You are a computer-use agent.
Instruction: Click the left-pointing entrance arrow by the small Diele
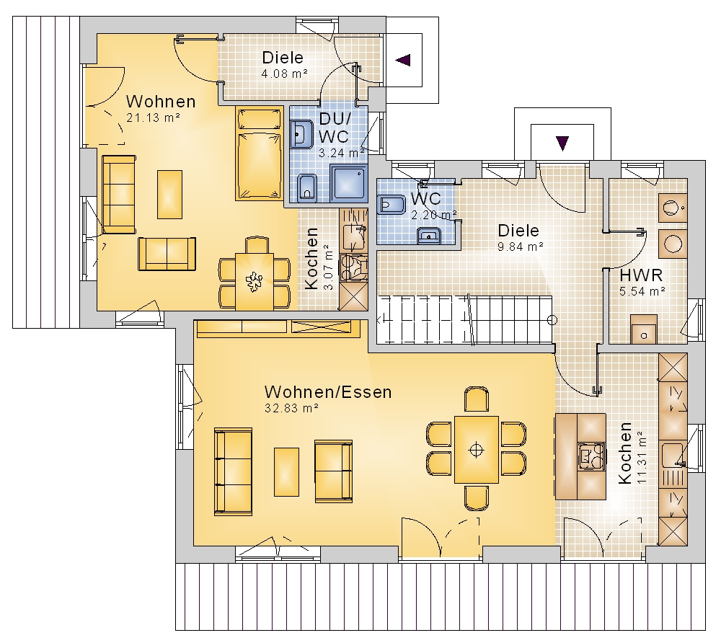tap(403, 60)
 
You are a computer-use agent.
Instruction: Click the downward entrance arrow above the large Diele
tap(562, 143)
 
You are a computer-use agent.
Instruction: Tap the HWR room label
tap(641, 275)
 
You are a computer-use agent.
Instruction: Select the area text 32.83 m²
tap(291, 408)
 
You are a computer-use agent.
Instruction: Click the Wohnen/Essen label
tap(328, 392)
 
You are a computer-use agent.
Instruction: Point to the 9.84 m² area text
tap(521, 247)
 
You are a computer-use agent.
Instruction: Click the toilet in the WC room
tap(391, 205)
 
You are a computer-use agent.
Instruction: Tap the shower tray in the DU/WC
tap(348, 184)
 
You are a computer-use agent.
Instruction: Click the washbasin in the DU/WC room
tap(301, 134)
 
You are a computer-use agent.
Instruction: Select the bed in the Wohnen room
tap(260, 154)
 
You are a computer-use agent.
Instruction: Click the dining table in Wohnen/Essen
tap(477, 450)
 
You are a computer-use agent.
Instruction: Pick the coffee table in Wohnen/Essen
tap(286, 472)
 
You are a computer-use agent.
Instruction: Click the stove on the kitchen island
tap(591, 456)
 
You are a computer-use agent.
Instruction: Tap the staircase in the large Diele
tap(464, 320)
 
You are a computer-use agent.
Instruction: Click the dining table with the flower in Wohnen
tap(255, 281)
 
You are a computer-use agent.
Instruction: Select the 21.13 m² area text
tap(153, 118)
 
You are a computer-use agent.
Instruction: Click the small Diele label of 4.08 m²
tap(283, 58)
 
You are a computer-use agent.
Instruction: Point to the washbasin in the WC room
tap(429, 236)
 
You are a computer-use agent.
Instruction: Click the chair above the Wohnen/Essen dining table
tap(477, 399)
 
